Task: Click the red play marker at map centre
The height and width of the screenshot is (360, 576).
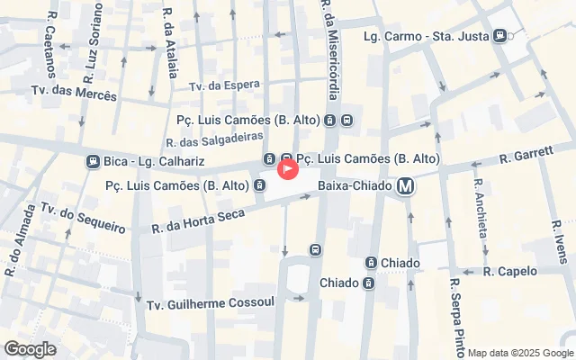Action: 288,168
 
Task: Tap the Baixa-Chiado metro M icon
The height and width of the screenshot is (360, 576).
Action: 407,186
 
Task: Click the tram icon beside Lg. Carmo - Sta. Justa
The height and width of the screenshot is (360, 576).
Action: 499,36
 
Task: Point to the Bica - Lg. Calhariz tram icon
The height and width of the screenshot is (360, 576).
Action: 92,162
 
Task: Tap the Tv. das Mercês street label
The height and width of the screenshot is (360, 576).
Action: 74,94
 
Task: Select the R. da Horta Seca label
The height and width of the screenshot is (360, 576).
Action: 198,219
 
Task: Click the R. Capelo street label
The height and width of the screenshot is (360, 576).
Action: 509,271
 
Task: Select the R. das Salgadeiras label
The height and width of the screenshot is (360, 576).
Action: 214,139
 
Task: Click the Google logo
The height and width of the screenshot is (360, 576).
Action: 30,349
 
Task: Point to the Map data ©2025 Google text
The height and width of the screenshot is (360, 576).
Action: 519,353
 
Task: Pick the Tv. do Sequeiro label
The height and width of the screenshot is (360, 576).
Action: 80,218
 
